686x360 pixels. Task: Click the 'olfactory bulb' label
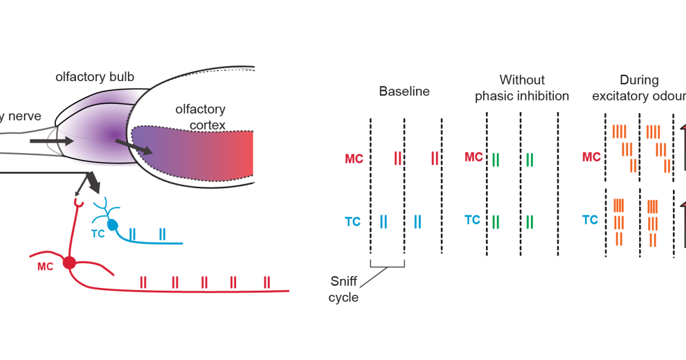[95, 77]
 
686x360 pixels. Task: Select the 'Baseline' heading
[404, 91]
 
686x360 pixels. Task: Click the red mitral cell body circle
[69, 263]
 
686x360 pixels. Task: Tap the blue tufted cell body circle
[113, 225]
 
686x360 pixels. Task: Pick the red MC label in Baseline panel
[354, 158]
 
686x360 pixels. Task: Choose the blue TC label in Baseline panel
[353, 221]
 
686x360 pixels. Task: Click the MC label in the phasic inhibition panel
[473, 157]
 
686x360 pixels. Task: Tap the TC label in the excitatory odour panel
[590, 219]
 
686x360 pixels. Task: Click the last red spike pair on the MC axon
[266, 282]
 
